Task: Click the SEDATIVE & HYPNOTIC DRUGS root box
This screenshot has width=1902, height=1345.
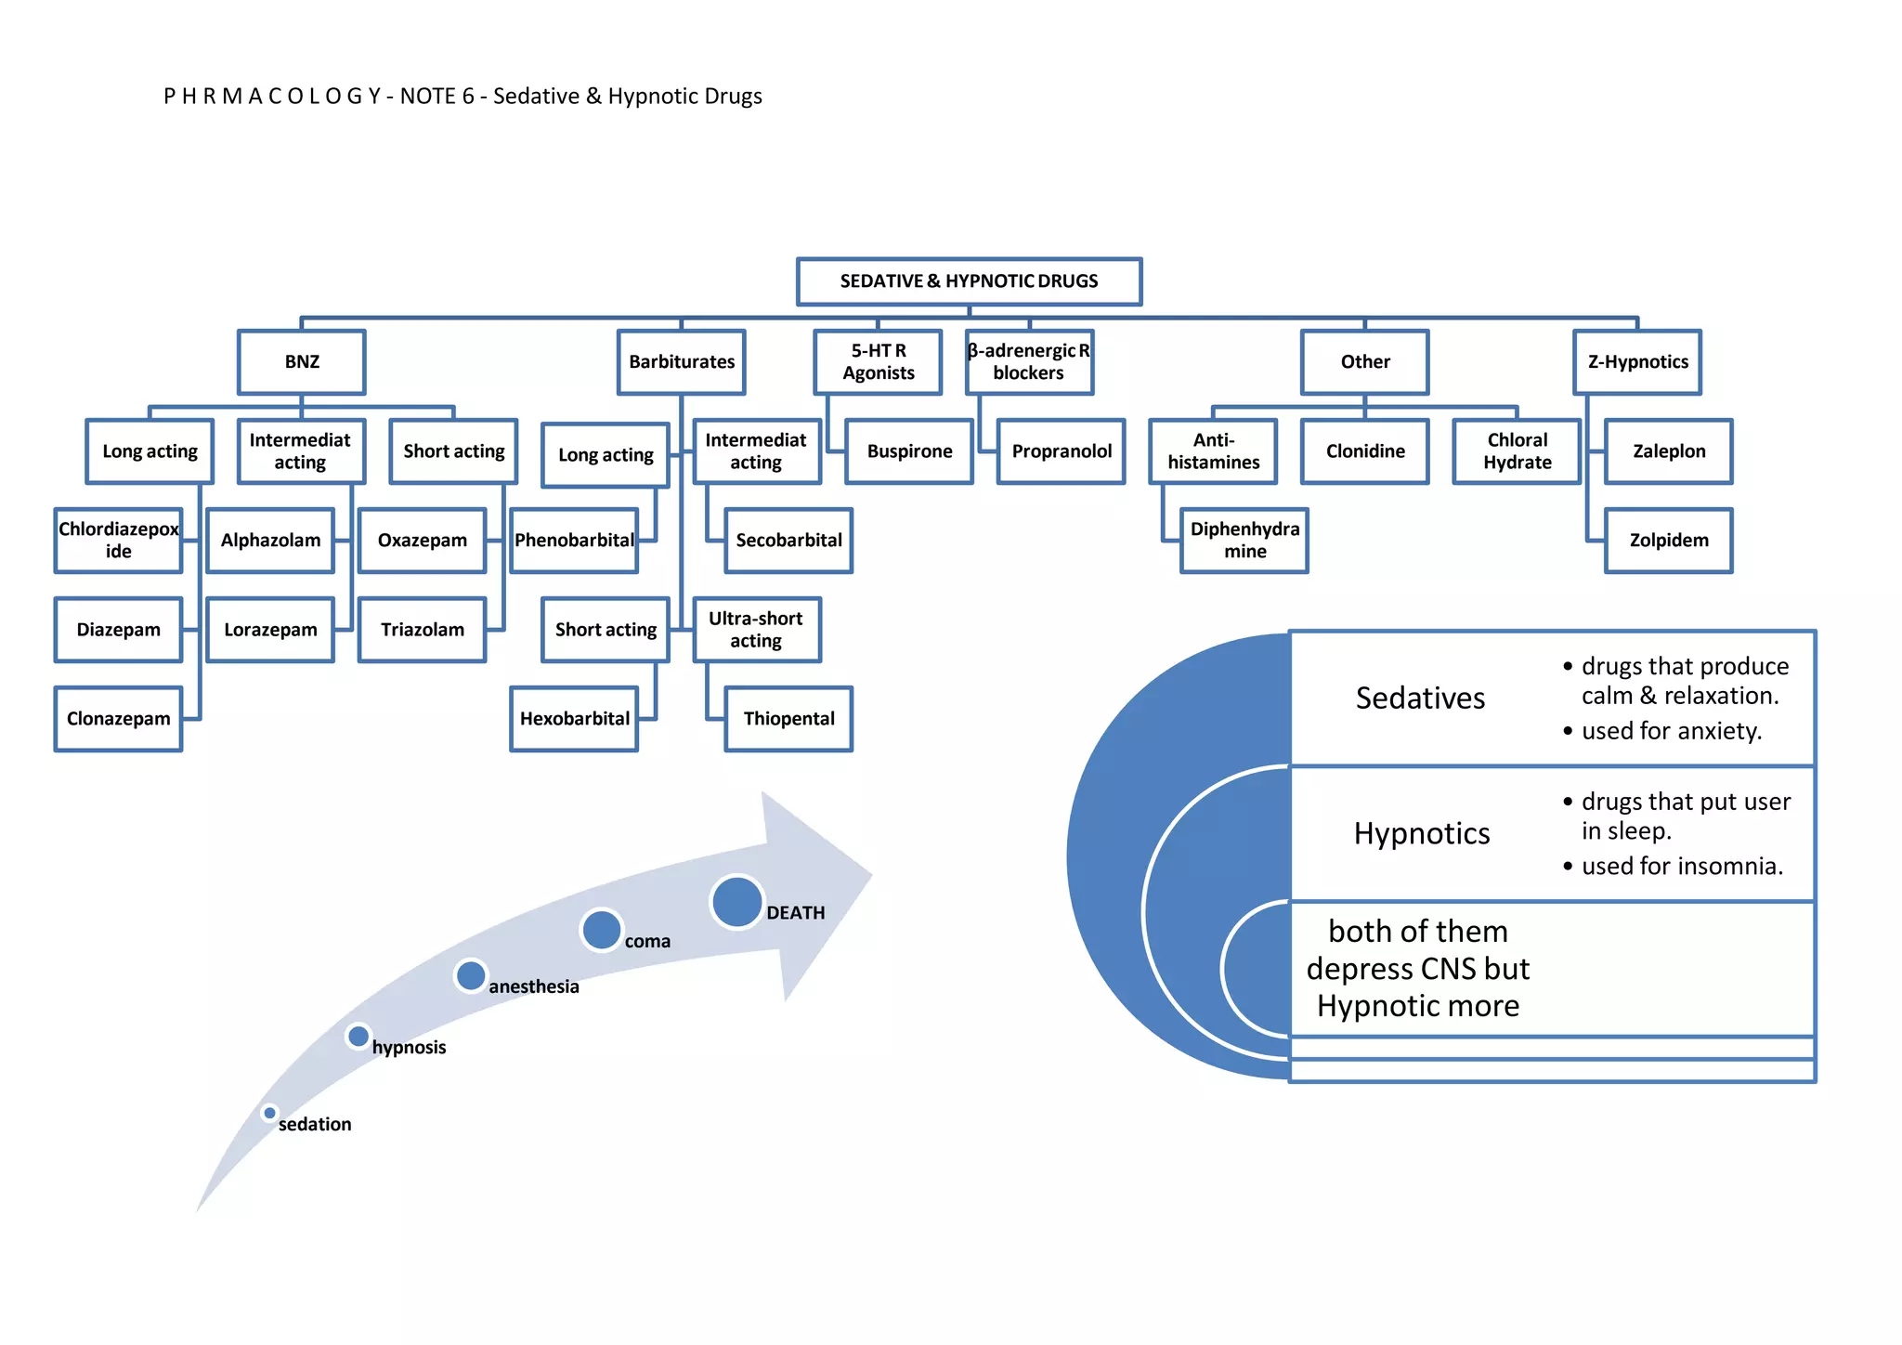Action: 969,281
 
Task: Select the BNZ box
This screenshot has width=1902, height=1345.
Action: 302,362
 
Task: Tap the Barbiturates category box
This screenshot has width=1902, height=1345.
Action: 682,362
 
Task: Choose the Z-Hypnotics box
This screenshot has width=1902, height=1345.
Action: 1637,362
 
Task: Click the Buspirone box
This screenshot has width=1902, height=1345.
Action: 909,451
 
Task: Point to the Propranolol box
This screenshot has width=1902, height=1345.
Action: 1062,451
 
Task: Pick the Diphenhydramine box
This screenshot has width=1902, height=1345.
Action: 1244,541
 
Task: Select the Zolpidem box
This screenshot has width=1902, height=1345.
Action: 1669,541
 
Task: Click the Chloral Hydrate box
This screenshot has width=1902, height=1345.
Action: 1517,451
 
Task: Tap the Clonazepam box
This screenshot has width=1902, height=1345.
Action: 119,719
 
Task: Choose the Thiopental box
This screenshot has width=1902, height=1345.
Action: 788,719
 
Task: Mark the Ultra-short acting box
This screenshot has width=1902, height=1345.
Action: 757,630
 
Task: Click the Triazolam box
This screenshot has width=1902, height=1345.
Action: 423,630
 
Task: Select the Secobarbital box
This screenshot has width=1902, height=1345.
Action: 788,541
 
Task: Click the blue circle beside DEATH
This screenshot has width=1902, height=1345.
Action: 737,902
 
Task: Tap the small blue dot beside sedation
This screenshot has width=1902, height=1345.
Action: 269,1113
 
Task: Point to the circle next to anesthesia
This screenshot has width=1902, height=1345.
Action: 471,975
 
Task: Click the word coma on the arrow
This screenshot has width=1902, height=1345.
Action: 647,942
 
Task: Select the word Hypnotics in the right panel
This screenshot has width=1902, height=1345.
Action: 1422,834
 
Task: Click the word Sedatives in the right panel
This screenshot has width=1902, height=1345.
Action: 1420,699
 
